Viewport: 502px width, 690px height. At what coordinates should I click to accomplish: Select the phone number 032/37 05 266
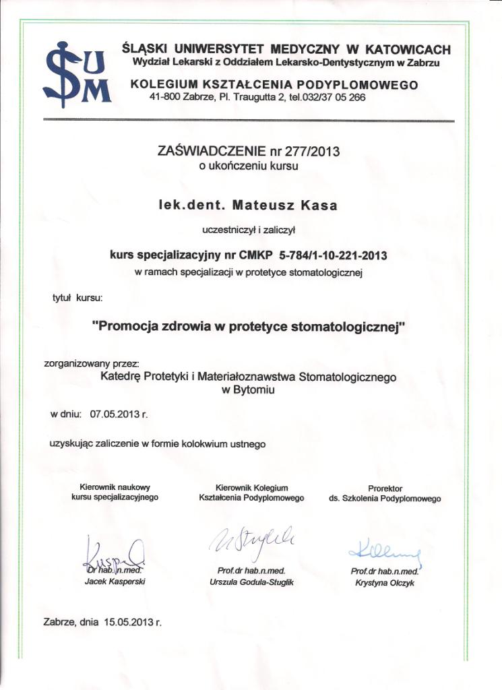[333, 96]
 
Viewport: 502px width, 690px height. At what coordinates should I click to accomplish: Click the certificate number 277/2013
[313, 152]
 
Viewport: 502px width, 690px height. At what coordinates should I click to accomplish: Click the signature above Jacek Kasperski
[112, 553]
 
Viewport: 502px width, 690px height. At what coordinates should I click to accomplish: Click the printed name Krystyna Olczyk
[385, 584]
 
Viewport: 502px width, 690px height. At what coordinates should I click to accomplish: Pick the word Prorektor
[385, 489]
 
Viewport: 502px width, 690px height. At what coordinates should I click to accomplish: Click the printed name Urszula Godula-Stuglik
[252, 582]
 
